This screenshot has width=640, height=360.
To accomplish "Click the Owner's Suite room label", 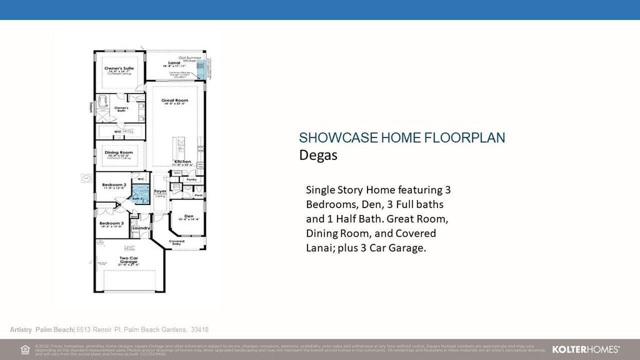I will coord(119,68).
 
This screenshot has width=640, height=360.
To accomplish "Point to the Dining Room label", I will coord(118,152).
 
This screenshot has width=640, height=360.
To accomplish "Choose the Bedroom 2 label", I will coord(114,185).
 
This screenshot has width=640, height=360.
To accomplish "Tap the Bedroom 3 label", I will coord(111,222).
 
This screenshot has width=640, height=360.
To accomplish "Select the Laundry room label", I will coord(141,228).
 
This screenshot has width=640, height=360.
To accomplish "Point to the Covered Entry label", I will coord(176,242).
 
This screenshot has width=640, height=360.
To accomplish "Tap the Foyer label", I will coord(161,191).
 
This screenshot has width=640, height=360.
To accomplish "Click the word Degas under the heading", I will coord(318,155).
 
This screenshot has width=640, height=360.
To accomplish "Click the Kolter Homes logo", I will coord(586,349).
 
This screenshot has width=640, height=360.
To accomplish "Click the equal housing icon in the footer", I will coord(25,349).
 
